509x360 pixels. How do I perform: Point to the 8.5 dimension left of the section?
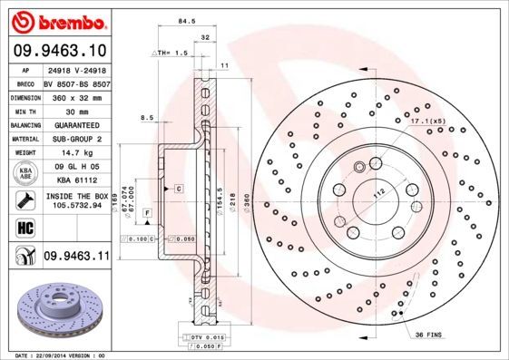(x=146, y=117)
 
